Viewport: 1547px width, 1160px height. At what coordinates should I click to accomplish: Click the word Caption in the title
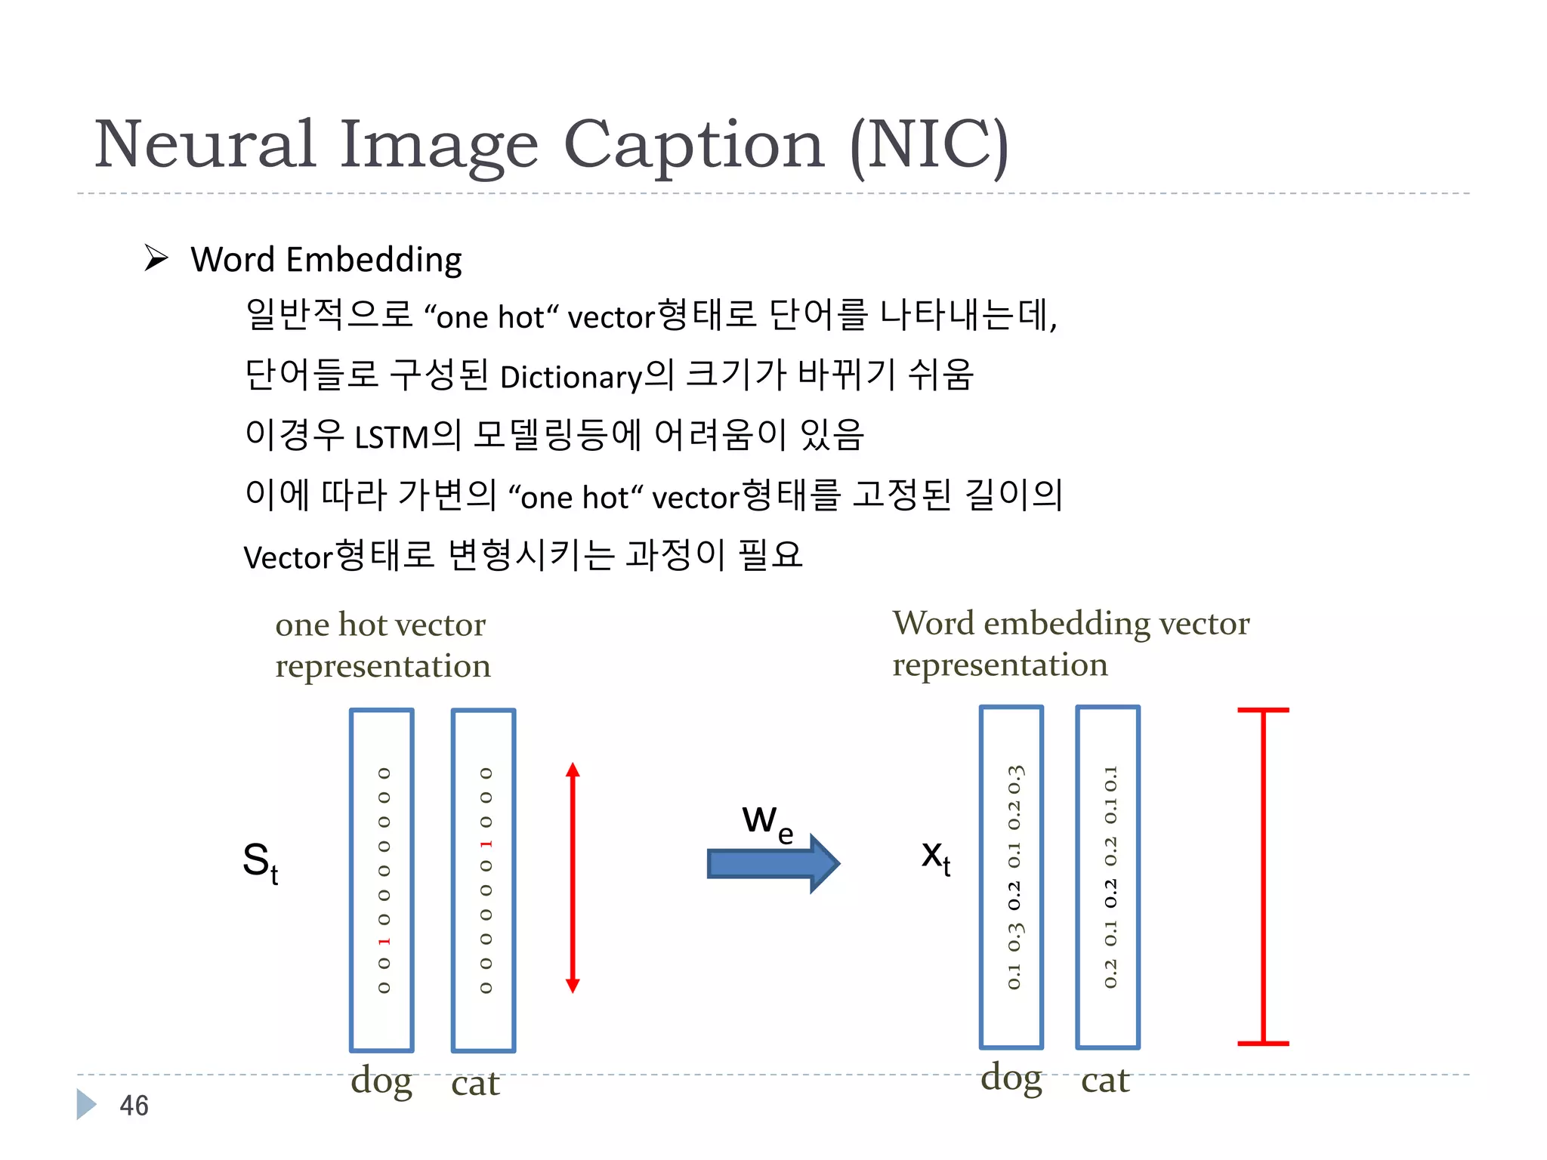[x=693, y=145]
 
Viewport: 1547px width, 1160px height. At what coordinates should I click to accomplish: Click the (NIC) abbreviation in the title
[x=929, y=145]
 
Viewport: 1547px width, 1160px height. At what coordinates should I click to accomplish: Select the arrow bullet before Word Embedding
[x=156, y=258]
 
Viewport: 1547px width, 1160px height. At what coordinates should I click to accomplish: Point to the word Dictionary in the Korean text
[x=570, y=377]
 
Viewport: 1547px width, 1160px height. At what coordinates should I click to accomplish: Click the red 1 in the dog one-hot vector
[x=384, y=941]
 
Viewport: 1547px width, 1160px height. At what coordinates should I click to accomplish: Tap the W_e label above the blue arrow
[x=767, y=822]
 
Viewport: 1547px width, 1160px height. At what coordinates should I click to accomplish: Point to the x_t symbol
[x=936, y=857]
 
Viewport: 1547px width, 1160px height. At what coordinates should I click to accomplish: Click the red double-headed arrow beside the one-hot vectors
[x=573, y=877]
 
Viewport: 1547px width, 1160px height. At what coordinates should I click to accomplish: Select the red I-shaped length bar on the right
[x=1263, y=877]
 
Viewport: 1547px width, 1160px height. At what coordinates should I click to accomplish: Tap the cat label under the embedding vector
[x=1105, y=1080]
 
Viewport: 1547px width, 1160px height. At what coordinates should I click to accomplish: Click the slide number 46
[x=134, y=1106]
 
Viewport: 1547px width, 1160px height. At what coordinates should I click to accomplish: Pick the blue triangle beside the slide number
[x=86, y=1104]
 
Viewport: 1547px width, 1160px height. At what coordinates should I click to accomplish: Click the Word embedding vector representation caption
[x=1070, y=643]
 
